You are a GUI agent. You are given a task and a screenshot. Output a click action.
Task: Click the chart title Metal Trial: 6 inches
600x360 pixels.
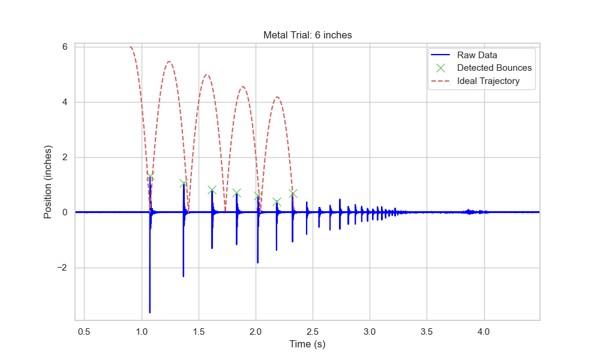pos(307,35)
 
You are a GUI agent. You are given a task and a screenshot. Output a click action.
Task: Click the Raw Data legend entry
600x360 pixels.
pos(477,55)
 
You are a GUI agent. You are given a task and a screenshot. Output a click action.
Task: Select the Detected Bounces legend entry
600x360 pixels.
pos(494,68)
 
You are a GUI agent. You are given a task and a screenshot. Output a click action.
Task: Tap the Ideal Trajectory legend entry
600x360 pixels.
pos(488,80)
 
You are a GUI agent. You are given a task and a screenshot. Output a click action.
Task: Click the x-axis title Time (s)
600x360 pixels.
pos(307,344)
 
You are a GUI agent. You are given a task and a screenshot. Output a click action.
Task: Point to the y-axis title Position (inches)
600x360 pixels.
pos(48,182)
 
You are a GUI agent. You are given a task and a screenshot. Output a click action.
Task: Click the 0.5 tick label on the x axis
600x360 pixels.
pos(85,331)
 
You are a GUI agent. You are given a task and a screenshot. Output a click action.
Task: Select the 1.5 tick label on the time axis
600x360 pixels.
pos(199,331)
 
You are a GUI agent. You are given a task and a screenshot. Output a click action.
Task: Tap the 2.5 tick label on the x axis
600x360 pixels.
pos(313,331)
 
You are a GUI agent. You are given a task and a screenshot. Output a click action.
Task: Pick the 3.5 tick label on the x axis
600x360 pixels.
pos(427,331)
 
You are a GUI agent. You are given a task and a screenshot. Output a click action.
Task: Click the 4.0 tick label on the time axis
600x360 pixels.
pos(484,331)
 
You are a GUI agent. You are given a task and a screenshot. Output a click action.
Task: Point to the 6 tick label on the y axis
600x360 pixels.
pos(64,47)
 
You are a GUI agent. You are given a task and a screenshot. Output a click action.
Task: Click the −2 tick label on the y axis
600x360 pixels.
pos(62,268)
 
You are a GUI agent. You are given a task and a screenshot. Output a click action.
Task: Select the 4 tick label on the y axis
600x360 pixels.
pos(64,102)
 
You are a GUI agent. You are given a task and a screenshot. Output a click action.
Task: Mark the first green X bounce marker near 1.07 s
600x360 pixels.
pos(150,176)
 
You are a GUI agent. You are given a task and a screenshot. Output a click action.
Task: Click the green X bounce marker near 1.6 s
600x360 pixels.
pos(212,190)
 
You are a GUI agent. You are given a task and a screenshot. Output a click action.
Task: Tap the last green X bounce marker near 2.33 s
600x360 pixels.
pos(293,193)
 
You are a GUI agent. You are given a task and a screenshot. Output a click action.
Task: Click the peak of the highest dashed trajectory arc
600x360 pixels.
pos(169,61)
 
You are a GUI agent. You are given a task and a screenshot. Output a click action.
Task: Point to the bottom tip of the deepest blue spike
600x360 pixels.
pos(150,313)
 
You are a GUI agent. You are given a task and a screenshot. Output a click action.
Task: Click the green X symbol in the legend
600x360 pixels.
pos(440,68)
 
